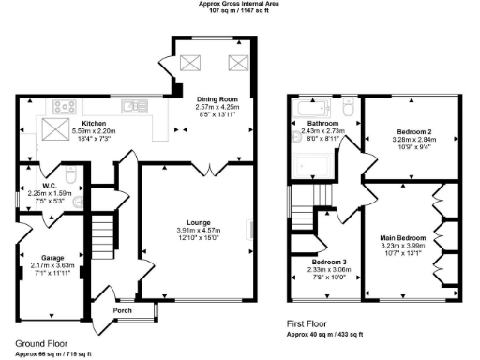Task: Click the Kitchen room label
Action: (x=94, y=123)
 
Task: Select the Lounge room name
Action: (x=198, y=222)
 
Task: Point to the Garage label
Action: (x=51, y=257)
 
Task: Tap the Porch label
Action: (x=123, y=310)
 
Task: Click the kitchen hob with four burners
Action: (x=66, y=105)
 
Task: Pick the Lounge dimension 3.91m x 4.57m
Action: (x=198, y=231)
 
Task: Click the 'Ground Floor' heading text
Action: (x=42, y=343)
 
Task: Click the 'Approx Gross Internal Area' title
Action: (x=239, y=4)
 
